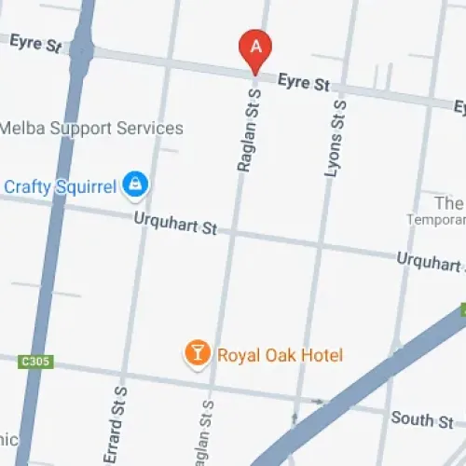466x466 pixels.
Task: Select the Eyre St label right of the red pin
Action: tap(304, 82)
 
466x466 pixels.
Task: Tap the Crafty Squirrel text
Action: tap(61, 186)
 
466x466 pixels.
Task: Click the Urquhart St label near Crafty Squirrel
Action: tap(175, 225)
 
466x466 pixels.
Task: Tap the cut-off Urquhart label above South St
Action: tap(430, 261)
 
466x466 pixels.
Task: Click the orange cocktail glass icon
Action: tap(198, 353)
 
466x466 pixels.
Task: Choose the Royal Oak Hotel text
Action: tap(280, 355)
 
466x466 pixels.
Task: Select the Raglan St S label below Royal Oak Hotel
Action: tap(206, 434)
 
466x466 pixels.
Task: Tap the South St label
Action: tap(423, 419)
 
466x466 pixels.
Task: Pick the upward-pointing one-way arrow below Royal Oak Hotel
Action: tap(294, 418)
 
